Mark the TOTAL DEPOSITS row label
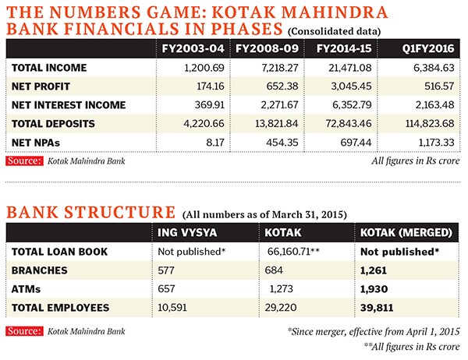pyautogui.click(x=49, y=123)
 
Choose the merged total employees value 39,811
pyautogui.click(x=378, y=307)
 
